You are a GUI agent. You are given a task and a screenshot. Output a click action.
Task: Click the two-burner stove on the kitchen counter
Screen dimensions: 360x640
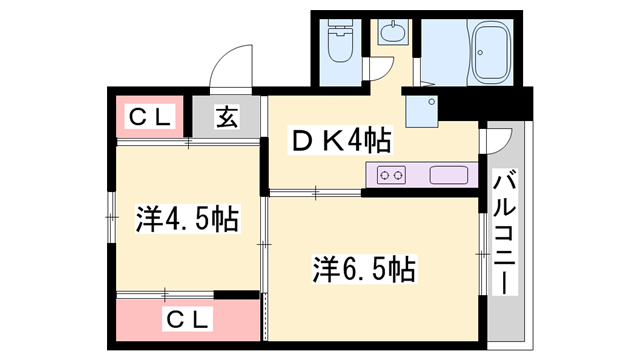(x=391, y=175)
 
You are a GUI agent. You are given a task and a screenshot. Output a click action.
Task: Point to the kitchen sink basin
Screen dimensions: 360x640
(x=449, y=175)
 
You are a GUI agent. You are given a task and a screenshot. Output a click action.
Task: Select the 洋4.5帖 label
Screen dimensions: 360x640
(x=187, y=218)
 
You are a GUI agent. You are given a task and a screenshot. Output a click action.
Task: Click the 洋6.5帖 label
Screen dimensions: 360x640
(x=364, y=268)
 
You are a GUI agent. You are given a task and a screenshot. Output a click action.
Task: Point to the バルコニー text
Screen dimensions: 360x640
(x=506, y=233)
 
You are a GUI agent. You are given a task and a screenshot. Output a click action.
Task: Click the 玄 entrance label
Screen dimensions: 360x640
(x=228, y=118)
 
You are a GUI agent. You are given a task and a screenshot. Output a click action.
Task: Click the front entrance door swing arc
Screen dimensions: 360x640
(x=230, y=68)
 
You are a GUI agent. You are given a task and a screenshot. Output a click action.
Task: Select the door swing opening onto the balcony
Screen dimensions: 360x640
(x=497, y=150)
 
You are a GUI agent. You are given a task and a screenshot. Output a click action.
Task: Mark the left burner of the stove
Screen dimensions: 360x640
(x=384, y=175)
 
